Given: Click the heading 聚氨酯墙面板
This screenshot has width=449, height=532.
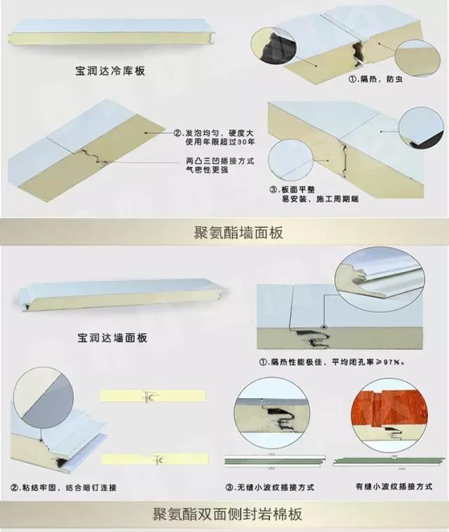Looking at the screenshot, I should [x=238, y=233].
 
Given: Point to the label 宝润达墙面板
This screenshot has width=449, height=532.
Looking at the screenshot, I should [x=112, y=338].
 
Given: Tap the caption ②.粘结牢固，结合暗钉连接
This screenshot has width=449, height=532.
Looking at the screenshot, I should [x=63, y=487].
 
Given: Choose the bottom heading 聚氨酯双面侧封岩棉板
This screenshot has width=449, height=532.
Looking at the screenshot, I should [x=228, y=514].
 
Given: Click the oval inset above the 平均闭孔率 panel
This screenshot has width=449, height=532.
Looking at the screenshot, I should [x=380, y=271].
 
